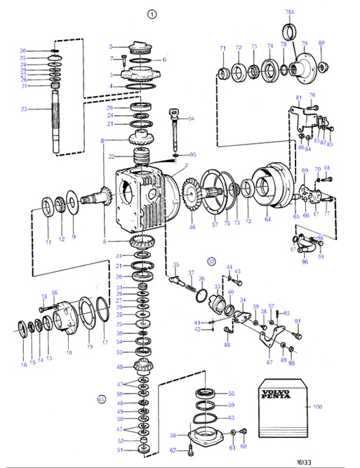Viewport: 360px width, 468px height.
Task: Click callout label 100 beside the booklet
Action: coord(337,406)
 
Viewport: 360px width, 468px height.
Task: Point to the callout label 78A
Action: coord(288,13)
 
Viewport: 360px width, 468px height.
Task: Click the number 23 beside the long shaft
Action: coord(23,109)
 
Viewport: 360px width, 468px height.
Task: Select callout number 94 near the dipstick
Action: coord(190,119)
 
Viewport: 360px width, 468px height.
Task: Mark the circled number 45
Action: coord(101,399)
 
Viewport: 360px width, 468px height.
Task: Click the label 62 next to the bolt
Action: coord(171,450)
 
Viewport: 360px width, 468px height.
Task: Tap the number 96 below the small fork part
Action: coord(305,262)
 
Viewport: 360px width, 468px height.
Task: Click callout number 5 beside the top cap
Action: coord(110,46)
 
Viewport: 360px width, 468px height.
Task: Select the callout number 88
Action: coord(227,345)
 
